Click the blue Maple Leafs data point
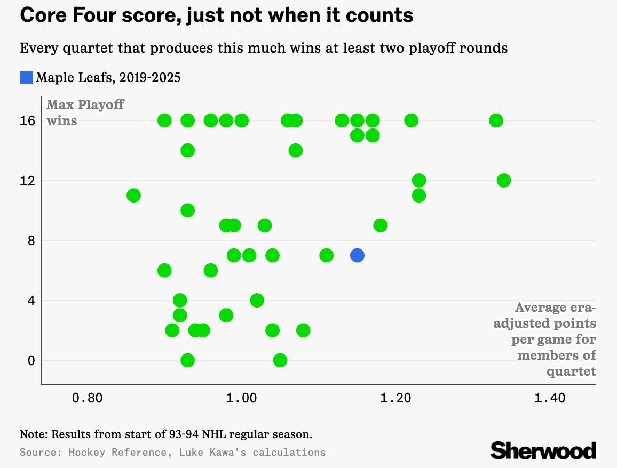357,255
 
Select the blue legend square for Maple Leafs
27,78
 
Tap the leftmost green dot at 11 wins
133,196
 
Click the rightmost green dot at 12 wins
503,181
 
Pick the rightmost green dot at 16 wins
496,120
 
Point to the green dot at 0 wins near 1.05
280,360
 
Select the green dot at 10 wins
187,211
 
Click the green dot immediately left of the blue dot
326,255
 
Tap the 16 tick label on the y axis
28,121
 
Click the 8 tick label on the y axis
31,241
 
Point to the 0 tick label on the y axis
31,361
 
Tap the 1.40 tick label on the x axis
550,398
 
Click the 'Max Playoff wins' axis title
85,112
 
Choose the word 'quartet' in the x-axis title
571,370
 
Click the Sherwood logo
543,450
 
